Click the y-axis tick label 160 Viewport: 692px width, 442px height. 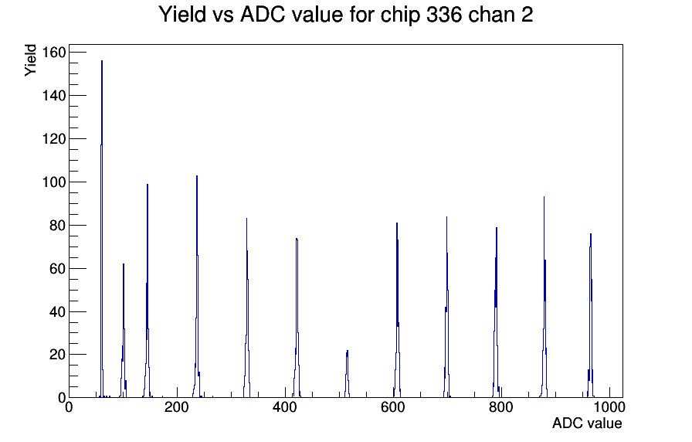tap(53, 53)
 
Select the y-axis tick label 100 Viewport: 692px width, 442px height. tap(53, 182)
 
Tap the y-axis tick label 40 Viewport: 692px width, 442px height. tap(57, 311)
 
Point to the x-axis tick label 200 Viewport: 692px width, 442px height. tap(177, 407)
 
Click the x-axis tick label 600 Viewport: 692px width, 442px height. tap(393, 407)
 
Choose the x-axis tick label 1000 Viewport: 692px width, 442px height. tap(609, 407)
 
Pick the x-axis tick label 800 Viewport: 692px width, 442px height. tap(501, 407)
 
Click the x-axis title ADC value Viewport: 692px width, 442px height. tap(587, 423)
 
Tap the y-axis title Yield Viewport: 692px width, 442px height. tap(30, 60)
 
